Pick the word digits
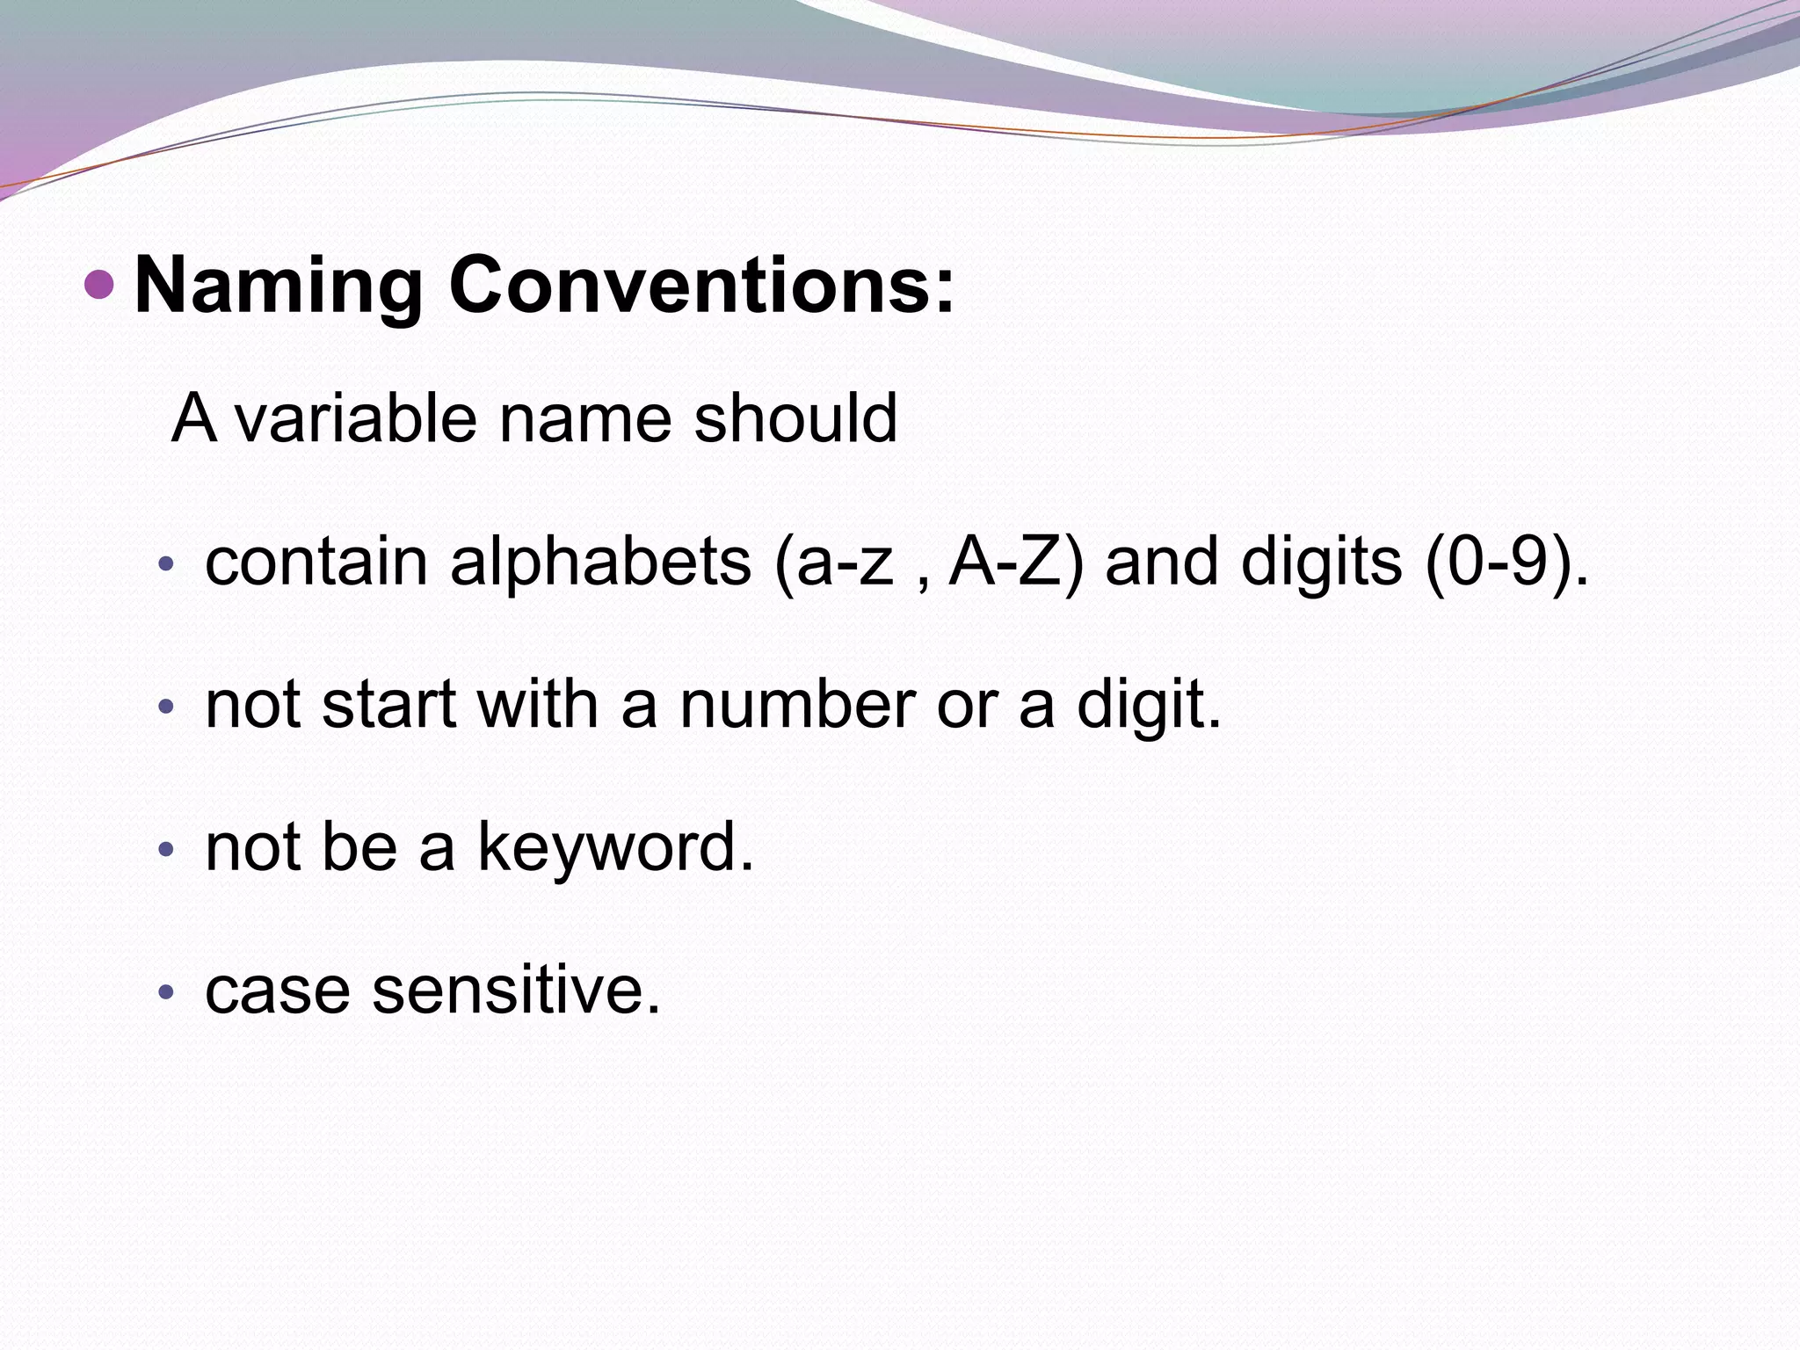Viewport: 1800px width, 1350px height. coord(1322,562)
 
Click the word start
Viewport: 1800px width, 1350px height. coord(388,705)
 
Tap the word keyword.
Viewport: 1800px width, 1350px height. coord(615,848)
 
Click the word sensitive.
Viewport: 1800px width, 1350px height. coord(516,991)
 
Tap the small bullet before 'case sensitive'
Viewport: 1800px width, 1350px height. coord(167,993)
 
